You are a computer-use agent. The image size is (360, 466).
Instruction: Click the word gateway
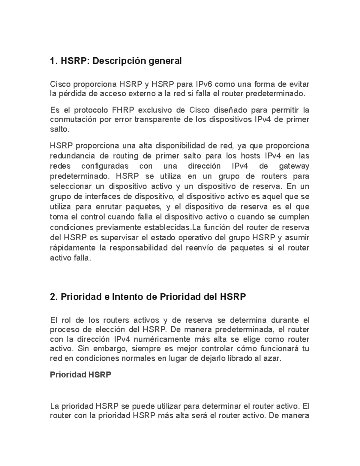pos(294,166)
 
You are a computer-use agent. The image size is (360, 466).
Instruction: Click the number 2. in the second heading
pos(54,297)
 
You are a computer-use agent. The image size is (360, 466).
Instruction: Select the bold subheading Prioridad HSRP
pos(80,375)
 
